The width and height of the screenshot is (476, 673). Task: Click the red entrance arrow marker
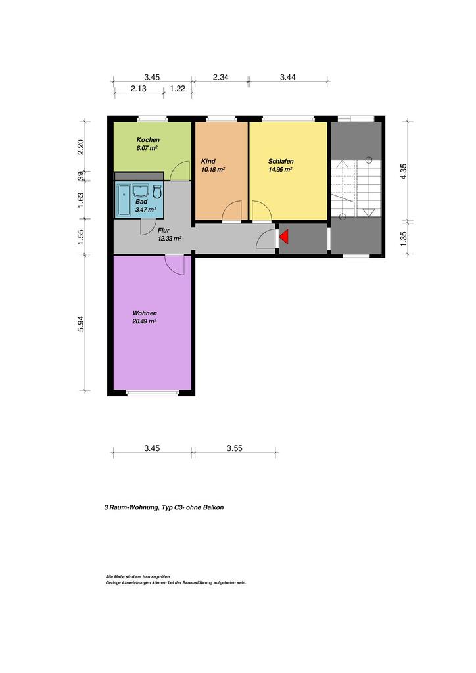[284, 237]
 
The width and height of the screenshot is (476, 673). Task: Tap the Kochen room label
[148, 140]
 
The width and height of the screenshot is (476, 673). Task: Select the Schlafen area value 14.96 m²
[280, 170]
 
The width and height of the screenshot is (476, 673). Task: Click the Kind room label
[208, 162]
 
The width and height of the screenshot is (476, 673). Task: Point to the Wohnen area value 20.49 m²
[144, 321]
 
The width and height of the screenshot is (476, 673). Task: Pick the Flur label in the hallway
[164, 231]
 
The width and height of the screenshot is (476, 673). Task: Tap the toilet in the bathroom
[157, 191]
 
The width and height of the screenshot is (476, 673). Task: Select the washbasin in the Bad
[141, 190]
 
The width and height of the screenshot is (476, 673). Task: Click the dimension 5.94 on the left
[81, 323]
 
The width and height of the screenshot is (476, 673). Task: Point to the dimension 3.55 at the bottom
[234, 448]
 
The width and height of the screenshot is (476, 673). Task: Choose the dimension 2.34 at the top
[221, 78]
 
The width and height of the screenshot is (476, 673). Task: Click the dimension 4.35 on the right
[404, 172]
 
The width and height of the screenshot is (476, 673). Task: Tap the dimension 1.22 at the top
[178, 89]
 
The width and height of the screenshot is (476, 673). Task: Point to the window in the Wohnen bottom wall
[153, 393]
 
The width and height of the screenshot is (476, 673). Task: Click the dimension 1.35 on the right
[404, 239]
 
